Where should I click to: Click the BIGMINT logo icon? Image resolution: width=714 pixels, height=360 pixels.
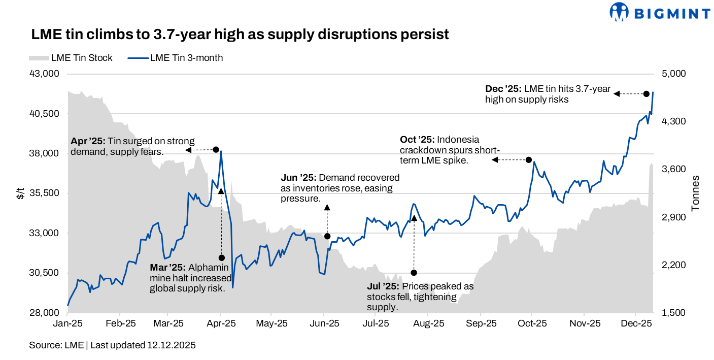619,12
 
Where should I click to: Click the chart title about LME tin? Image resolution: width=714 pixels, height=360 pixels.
240,35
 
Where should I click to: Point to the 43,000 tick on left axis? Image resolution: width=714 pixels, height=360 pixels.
45,74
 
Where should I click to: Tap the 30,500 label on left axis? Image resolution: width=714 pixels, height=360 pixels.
45,273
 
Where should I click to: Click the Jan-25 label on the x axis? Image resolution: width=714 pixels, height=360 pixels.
67,323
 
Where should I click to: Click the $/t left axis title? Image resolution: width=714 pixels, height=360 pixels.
20,193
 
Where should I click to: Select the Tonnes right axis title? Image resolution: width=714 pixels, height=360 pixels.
696,193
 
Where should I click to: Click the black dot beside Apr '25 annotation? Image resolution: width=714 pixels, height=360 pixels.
216,150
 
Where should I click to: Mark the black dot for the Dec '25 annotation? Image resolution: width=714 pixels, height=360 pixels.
646,93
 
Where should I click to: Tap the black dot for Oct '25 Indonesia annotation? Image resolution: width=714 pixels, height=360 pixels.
528,160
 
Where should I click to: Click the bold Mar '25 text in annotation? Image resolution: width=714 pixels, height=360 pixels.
167,267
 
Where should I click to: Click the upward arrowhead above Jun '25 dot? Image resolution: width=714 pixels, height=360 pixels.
327,207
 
